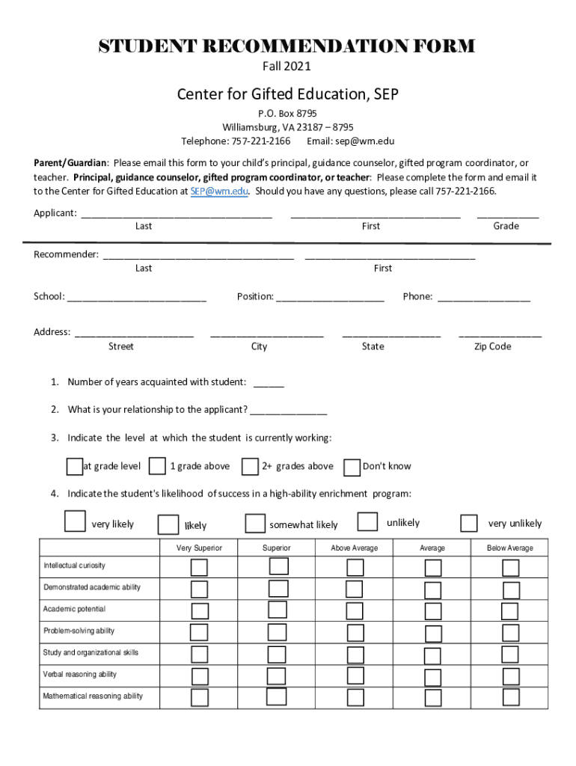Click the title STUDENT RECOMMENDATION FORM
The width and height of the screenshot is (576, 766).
point(287,46)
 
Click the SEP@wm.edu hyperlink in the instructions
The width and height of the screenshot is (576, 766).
point(218,191)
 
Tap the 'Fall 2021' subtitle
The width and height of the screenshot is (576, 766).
point(287,67)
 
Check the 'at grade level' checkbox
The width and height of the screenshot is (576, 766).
point(74,467)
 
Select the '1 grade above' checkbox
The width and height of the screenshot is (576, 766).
point(157,467)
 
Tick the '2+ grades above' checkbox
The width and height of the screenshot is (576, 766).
point(250,467)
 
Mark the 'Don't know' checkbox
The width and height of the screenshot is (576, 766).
point(352,468)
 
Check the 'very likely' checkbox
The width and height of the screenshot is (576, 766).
point(75,521)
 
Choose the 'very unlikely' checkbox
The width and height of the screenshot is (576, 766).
point(469,523)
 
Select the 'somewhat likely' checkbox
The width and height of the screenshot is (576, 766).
point(255,523)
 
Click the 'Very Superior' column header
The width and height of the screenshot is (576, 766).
point(199,548)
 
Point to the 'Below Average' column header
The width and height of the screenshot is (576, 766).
point(510,548)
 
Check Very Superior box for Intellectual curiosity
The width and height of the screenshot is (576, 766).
point(199,568)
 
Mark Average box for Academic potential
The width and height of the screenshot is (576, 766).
point(433,611)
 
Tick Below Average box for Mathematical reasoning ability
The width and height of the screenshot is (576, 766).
point(511,697)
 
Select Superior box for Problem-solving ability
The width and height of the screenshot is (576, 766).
point(278,632)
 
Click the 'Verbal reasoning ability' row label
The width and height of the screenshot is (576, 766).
point(80,675)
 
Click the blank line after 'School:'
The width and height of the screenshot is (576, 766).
point(137,297)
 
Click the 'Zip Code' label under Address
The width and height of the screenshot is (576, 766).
point(492,346)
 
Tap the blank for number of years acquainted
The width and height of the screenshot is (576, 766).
point(269,383)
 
